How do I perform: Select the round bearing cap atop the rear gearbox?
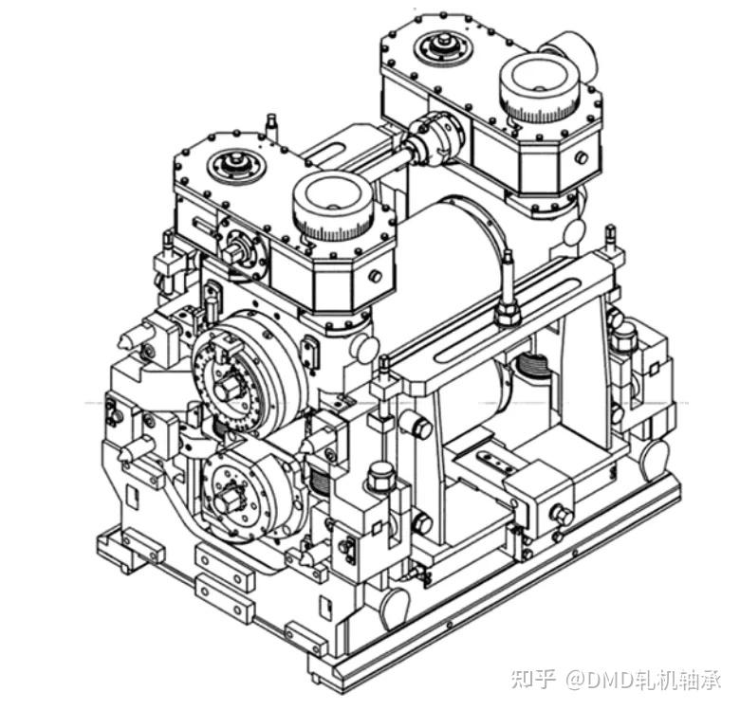tap(444, 46)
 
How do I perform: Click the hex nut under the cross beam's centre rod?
tap(509, 314)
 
